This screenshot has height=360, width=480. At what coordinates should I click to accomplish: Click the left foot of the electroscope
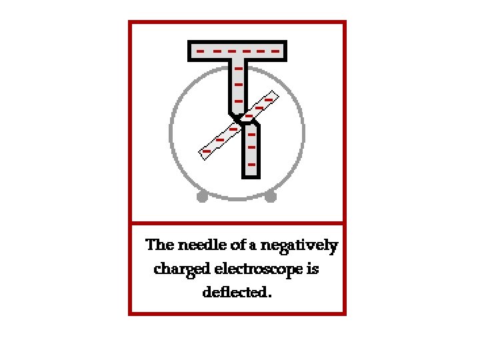coord(203,197)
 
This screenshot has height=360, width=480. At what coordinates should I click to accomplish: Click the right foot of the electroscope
coord(270,197)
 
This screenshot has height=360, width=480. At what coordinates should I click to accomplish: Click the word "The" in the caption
coord(160,245)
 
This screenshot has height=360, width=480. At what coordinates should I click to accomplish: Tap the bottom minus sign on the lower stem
coord(251,163)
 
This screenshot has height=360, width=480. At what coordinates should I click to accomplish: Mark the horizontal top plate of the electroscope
coord(238,51)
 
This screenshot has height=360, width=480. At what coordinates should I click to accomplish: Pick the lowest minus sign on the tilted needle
coord(207,151)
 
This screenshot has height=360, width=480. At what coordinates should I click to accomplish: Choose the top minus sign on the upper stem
coord(238,68)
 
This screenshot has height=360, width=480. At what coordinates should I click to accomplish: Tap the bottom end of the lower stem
coord(251,176)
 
